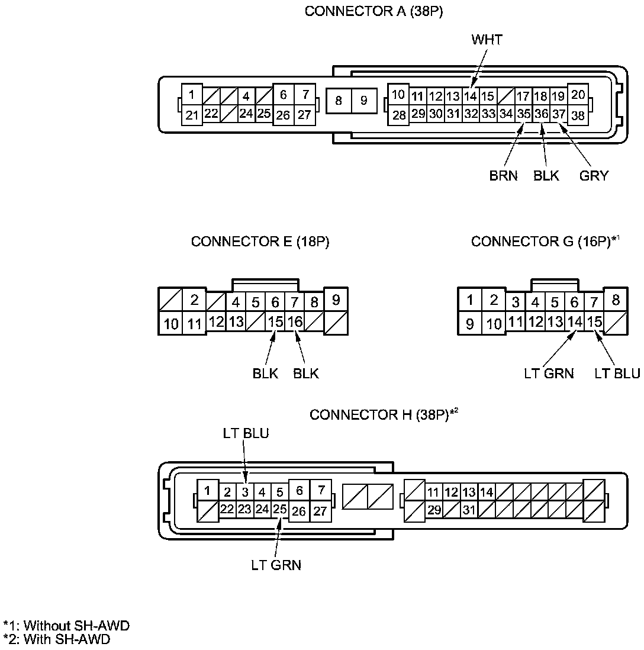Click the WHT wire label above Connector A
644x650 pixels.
tap(487, 40)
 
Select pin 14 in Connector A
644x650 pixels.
tap(470, 96)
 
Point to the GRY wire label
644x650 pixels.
tap(594, 176)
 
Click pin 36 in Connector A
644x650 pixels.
tap(541, 113)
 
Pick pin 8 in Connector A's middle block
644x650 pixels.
tap(339, 101)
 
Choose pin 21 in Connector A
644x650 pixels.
tap(191, 115)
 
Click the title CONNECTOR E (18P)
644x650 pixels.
tap(260, 242)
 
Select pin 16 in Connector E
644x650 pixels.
tap(295, 322)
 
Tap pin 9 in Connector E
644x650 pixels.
tap(336, 300)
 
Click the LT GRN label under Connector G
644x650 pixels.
tap(549, 374)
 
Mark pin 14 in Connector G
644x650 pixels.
tap(574, 322)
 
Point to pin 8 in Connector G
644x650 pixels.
tap(616, 300)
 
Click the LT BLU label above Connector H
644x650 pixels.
tap(246, 433)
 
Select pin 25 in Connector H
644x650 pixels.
tap(280, 509)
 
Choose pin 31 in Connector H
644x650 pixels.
tap(469, 510)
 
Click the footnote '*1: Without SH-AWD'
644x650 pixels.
tap(66, 626)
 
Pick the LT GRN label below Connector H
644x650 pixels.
tap(276, 565)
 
